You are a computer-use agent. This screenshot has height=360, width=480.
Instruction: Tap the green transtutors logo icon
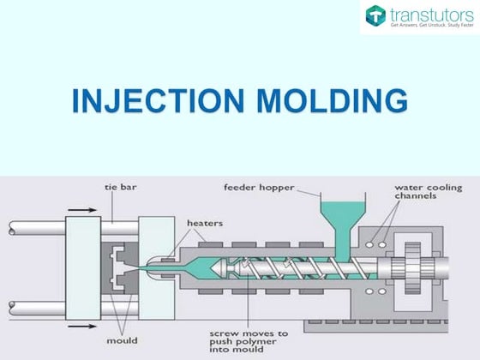[x=375, y=15]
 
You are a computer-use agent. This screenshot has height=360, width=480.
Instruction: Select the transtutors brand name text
[x=429, y=14]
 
